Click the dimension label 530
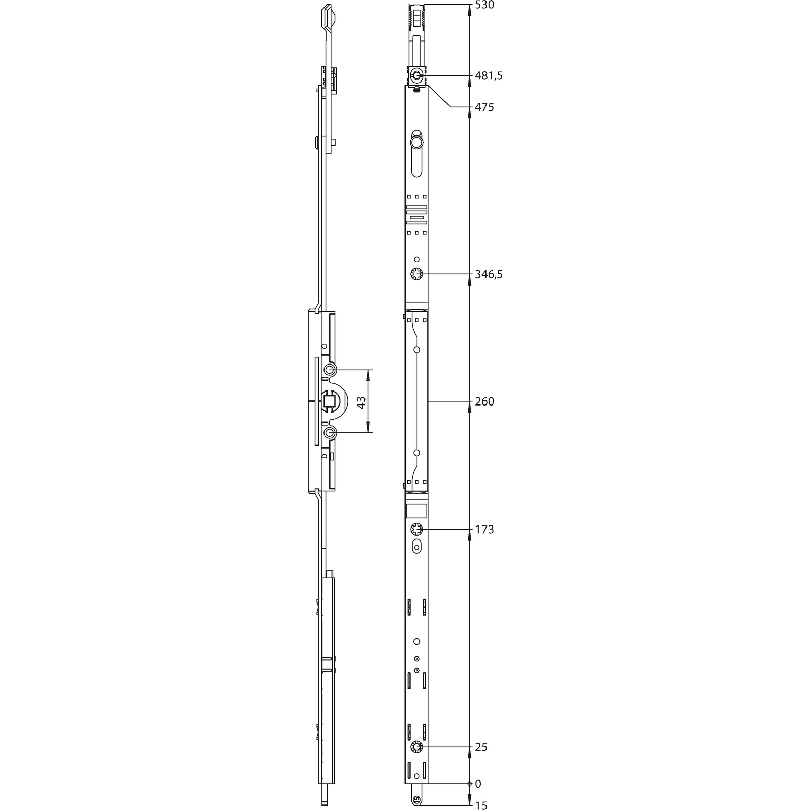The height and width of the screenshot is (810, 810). (x=484, y=6)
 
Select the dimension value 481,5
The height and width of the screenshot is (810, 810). (x=489, y=76)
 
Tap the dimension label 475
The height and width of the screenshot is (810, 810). (x=484, y=107)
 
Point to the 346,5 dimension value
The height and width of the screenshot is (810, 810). (x=489, y=274)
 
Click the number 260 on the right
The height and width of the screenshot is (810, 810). (x=484, y=401)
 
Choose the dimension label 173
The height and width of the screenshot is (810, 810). (x=484, y=530)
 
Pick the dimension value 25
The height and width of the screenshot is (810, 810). (x=481, y=747)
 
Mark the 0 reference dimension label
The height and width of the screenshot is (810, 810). (x=478, y=784)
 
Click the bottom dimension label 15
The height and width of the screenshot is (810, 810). (x=481, y=805)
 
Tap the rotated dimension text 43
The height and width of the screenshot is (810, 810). (x=361, y=402)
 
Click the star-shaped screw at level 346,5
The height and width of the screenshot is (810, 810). (x=416, y=274)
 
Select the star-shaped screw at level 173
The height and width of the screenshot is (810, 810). (x=416, y=530)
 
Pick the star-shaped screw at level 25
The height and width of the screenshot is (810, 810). (x=416, y=747)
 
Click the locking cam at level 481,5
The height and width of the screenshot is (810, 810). (x=416, y=76)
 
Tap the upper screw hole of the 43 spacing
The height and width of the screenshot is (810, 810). (x=330, y=370)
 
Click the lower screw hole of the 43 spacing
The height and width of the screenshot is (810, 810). (x=330, y=433)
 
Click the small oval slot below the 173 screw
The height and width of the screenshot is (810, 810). (x=417, y=546)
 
